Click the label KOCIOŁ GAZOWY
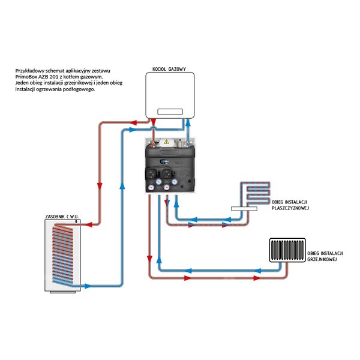(x=169, y=69)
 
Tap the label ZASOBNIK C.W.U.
(x=62, y=217)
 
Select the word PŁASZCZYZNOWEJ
(x=290, y=208)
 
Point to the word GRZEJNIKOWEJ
(x=322, y=259)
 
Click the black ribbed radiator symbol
(x=287, y=250)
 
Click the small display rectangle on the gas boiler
(x=170, y=112)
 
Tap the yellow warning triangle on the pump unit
(x=166, y=142)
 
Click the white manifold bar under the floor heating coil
(x=244, y=209)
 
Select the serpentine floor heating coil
(x=255, y=193)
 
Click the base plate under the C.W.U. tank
(x=62, y=292)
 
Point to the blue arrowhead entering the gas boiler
(x=188, y=123)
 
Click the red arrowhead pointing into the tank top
(x=89, y=224)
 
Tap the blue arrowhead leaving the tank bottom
(x=88, y=286)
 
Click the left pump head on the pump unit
(x=151, y=174)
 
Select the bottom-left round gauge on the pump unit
(x=152, y=188)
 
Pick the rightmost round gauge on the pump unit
(x=175, y=182)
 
